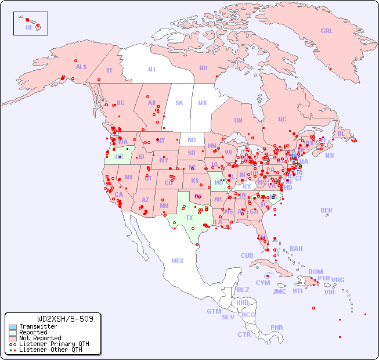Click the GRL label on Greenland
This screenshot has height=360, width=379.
pyautogui.click(x=327, y=31)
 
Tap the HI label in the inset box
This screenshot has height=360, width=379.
pyautogui.click(x=28, y=27)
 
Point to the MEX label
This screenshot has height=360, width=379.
pyautogui.click(x=178, y=261)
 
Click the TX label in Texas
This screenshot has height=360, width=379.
pyautogui.click(x=189, y=218)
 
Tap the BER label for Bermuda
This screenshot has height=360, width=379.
pyautogui.click(x=327, y=210)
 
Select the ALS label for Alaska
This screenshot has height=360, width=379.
pyautogui.click(x=81, y=67)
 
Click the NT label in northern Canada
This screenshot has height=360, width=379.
pyautogui.click(x=152, y=69)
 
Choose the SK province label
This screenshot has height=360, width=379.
pyautogui.click(x=179, y=103)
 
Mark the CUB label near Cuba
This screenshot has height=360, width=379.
pyautogui.click(x=247, y=255)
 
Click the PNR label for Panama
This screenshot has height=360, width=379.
pyautogui.click(x=277, y=327)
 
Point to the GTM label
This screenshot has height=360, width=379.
pyautogui.click(x=214, y=311)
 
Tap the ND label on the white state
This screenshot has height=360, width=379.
pyautogui.click(x=192, y=140)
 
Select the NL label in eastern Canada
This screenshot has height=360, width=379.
pyautogui.click(x=341, y=133)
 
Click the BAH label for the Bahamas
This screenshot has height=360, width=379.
pyautogui.click(x=296, y=249)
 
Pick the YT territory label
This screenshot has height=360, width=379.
pyautogui.click(x=109, y=70)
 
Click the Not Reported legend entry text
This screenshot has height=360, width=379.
pyautogui.click(x=40, y=338)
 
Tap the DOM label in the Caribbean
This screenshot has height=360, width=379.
pyautogui.click(x=315, y=272)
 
